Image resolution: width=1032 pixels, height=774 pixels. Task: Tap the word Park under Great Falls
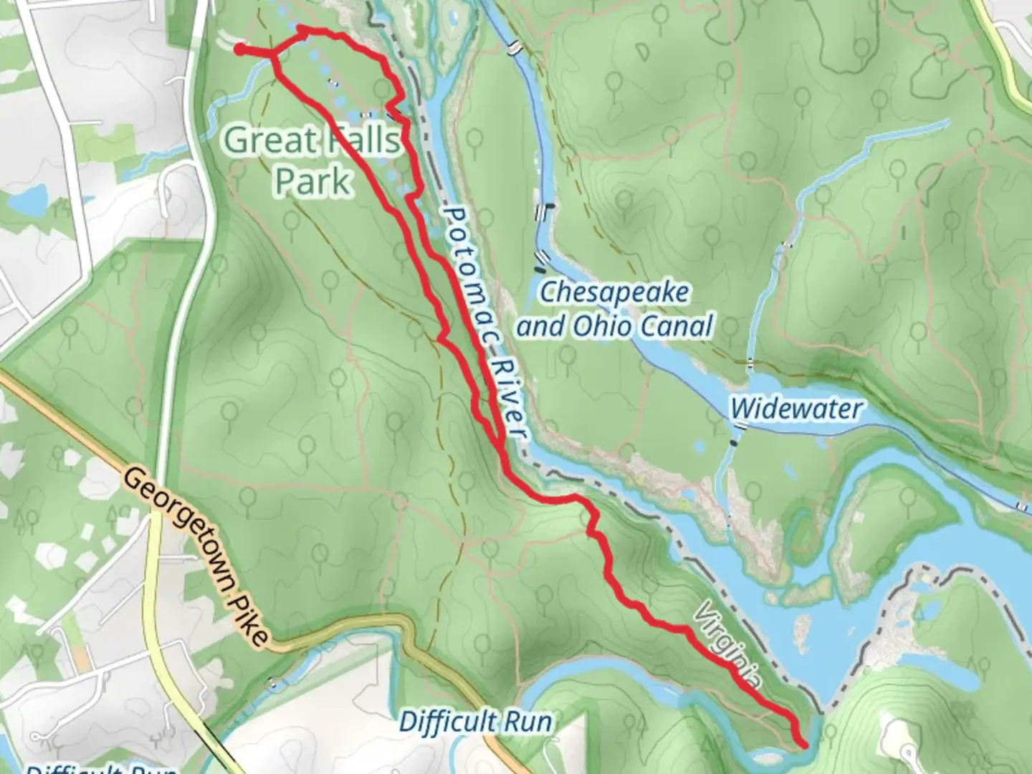(313, 181)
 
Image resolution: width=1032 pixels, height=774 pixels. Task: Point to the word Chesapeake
(614, 292)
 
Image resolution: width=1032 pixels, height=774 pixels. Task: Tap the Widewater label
(795, 409)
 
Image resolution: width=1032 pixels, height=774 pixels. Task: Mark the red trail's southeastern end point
(804, 745)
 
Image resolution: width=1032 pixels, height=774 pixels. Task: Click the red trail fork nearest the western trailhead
(273, 54)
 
